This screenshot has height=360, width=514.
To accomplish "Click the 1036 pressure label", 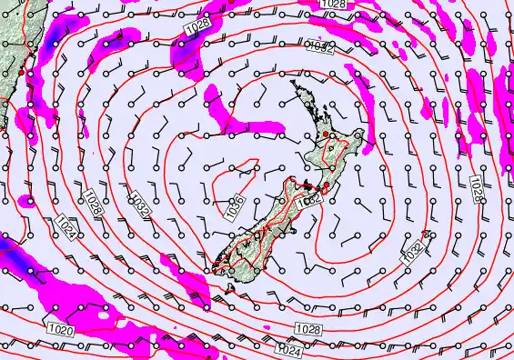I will [235, 206].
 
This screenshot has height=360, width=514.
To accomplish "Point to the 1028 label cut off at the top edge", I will [333, 5].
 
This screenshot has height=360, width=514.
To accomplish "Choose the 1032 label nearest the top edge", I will [319, 45].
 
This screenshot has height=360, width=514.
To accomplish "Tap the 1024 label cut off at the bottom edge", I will [289, 349].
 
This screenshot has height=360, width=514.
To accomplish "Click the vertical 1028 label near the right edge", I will [476, 190].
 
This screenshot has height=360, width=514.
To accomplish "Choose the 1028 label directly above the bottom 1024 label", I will [307, 327].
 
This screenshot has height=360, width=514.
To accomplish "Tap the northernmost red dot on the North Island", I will [326, 135].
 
